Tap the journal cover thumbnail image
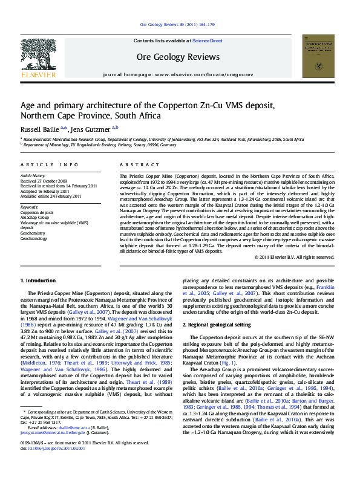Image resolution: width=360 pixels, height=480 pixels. pos(321,56)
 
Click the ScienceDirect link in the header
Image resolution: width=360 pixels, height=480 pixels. pos(207,41)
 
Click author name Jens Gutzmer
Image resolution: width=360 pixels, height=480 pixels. pos(91,129)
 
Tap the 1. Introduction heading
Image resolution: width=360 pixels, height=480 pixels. pos(39,281)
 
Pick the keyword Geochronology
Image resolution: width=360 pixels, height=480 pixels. pos(34,239)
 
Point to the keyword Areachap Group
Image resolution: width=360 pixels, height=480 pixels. pos(35,218)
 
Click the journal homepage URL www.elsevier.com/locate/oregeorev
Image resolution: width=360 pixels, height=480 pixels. pos(203,74)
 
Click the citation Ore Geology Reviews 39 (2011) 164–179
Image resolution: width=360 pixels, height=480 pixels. pos(177,24)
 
